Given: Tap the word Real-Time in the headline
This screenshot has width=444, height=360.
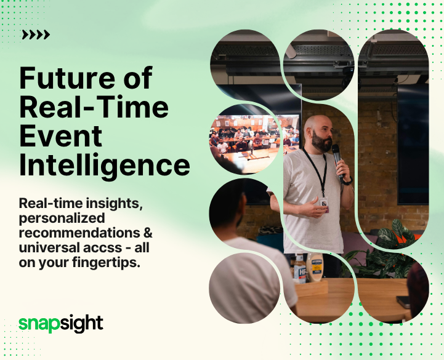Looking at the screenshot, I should point(94,108).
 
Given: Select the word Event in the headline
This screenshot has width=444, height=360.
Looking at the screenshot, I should point(61,136).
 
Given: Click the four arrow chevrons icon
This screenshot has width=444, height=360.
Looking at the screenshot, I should point(35,35).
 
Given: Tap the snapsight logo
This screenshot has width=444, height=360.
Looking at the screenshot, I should point(60,322).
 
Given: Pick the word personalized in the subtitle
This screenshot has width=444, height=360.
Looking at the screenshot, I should point(62,218).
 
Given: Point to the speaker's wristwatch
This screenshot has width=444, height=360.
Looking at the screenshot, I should point(347,181).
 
